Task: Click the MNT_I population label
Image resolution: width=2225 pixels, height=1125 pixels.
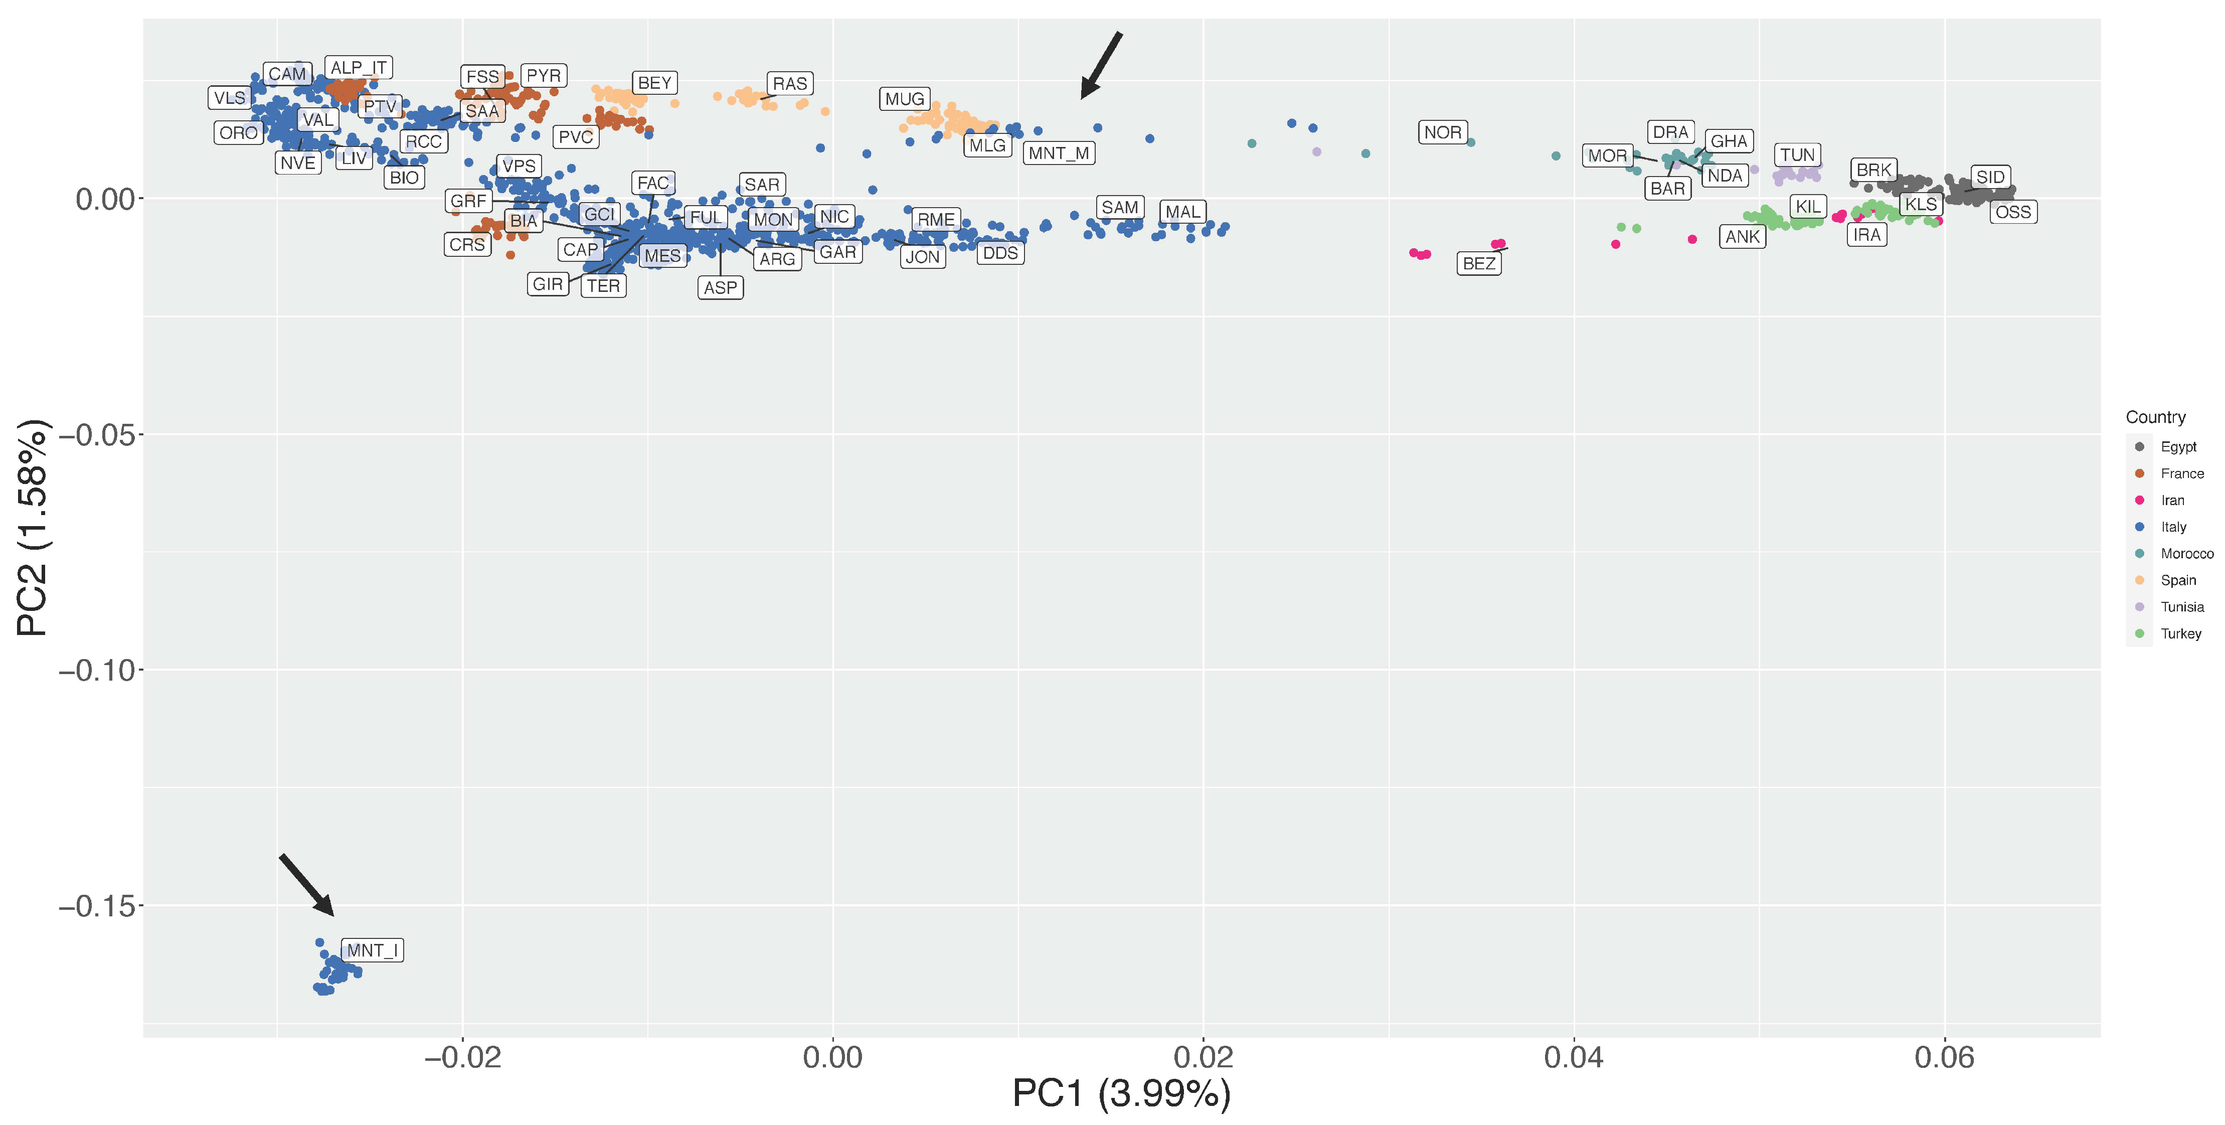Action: click(372, 950)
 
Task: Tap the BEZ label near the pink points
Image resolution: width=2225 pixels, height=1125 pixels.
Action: click(1479, 263)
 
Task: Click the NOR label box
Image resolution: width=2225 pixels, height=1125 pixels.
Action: click(1442, 133)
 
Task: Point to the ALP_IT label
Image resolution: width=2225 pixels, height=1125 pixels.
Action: click(359, 67)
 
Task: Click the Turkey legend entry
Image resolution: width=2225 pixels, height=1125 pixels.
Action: click(2180, 634)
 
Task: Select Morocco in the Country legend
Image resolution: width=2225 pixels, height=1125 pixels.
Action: click(2186, 554)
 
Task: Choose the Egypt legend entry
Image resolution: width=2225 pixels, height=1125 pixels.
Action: click(2177, 447)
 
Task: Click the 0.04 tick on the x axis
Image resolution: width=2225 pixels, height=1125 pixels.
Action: click(1573, 1057)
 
